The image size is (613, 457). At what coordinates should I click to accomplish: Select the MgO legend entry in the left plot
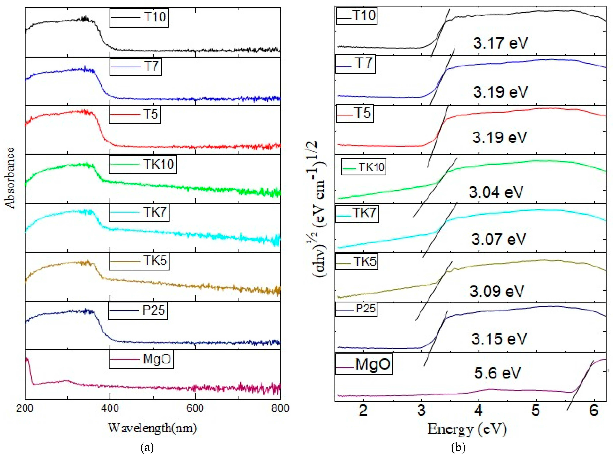coord(141,359)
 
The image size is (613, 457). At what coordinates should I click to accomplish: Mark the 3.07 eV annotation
coord(498,239)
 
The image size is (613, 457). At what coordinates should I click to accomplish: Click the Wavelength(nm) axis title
coord(152,428)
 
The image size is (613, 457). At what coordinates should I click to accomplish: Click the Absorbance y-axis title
coord(10,178)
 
